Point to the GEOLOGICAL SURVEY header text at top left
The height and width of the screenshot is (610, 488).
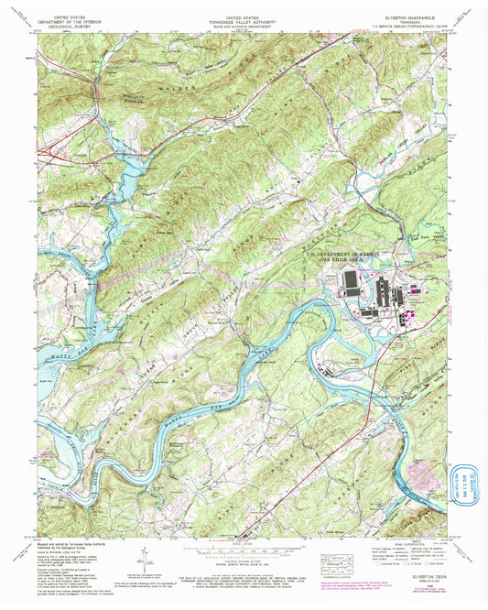pyautogui.click(x=72, y=25)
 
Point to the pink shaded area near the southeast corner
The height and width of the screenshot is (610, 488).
pyautogui.click(x=426, y=475)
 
